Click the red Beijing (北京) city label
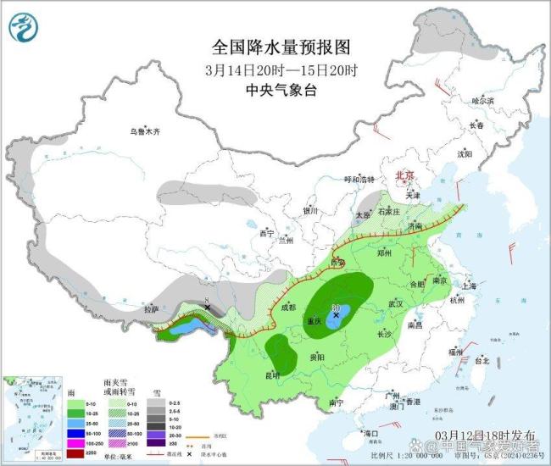coord(404,175)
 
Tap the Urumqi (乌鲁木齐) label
coord(144,131)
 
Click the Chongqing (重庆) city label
coord(315,321)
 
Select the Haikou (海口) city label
coord(370,433)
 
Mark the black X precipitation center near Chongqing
coord(337,314)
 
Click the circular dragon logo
coord(25,27)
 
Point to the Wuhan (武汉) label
coord(393,303)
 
